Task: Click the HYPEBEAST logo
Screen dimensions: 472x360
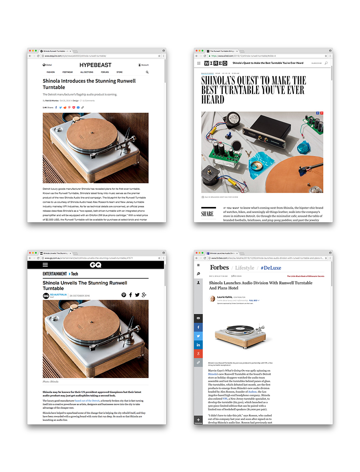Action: pos(95,65)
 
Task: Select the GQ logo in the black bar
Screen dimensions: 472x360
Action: pos(96,265)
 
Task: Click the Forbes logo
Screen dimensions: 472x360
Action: pos(219,267)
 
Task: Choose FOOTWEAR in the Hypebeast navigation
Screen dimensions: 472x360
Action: pos(68,72)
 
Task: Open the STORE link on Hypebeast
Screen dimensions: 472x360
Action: pos(119,72)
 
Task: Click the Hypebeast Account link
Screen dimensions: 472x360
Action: pos(143,65)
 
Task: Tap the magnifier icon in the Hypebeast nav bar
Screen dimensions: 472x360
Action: pos(147,72)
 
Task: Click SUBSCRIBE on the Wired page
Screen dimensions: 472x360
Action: pos(316,63)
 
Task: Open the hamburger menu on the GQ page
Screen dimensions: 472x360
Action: pos(45,265)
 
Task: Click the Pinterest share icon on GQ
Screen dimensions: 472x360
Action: pos(124,295)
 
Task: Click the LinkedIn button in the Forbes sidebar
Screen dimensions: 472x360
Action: pos(198,345)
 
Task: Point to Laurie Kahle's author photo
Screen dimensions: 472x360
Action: pos(212,299)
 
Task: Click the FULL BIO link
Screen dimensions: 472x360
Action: pos(254,300)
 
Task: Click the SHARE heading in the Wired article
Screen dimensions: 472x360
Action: pos(207,214)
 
